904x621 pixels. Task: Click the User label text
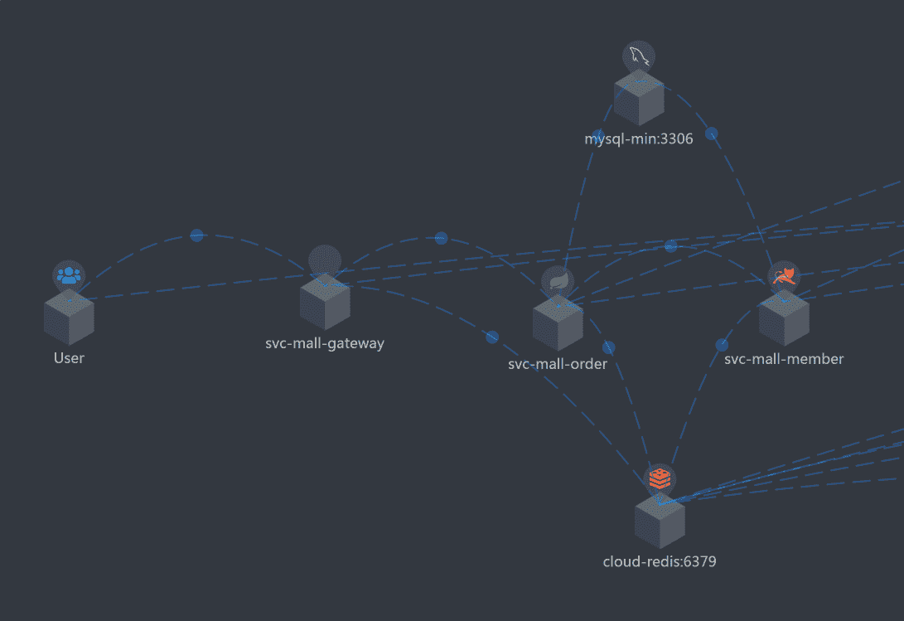(69, 358)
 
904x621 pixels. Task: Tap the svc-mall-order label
(558, 364)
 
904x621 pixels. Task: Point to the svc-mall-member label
(784, 359)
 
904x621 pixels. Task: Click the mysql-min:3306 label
(639, 138)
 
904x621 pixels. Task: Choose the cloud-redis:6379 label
(660, 561)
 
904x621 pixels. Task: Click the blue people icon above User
(70, 275)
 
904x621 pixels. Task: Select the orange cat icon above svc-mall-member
(784, 276)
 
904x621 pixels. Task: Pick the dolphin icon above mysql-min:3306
(639, 56)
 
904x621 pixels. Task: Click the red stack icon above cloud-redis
(660, 478)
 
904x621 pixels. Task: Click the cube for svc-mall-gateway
(325, 302)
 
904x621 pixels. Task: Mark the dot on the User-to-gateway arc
(196, 235)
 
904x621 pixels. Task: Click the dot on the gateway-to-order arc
(441, 238)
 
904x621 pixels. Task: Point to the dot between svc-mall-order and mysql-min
(598, 136)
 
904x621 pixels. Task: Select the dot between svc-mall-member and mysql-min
(711, 133)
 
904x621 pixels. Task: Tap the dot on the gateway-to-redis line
(492, 337)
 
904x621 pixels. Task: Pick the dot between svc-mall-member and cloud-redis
(722, 345)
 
